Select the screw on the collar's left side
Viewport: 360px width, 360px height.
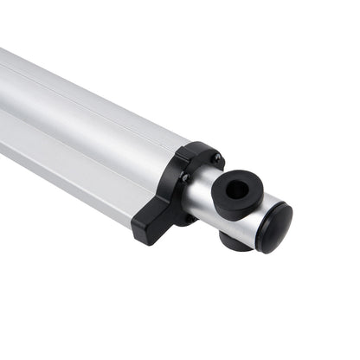pyautogui.click(x=183, y=177)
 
